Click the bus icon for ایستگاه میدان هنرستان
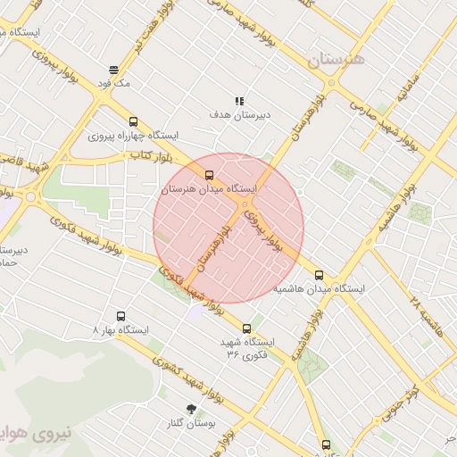click(x=209, y=175)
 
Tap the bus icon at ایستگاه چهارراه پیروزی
click(x=133, y=121)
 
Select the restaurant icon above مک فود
click(x=113, y=69)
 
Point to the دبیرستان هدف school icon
click(x=239, y=102)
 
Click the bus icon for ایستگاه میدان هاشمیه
click(x=319, y=276)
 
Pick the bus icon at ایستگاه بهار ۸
click(x=121, y=316)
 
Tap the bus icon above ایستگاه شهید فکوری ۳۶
click(x=247, y=328)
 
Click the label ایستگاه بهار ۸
click(x=121, y=329)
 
